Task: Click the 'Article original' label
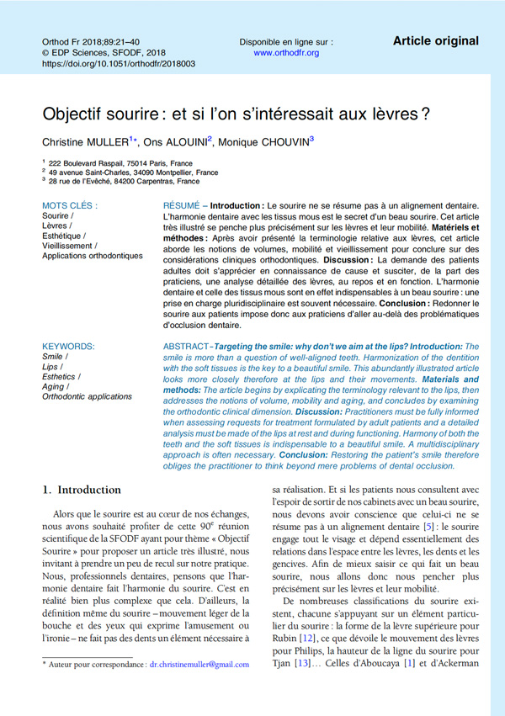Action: [435, 40]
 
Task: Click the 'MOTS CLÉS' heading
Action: [69, 205]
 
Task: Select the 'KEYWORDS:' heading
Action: [68, 346]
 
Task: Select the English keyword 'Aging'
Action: [55, 385]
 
